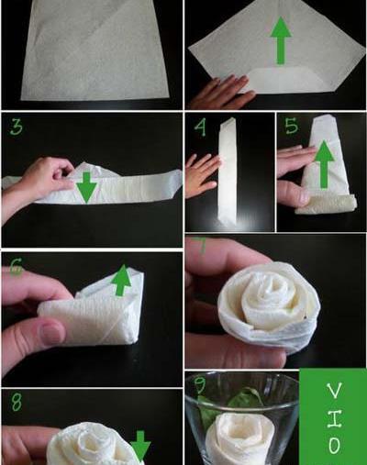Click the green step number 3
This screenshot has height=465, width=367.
[16, 127]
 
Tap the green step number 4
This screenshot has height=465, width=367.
[200, 127]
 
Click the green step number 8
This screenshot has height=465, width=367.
[17, 402]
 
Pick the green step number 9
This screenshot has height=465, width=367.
[200, 384]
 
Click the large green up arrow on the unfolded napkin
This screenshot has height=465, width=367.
[281, 40]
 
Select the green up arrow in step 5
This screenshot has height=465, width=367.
[324, 164]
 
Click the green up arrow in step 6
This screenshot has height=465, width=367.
[122, 280]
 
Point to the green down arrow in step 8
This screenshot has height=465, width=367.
[140, 447]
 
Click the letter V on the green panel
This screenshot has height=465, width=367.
[334, 391]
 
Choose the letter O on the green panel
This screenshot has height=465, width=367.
[334, 446]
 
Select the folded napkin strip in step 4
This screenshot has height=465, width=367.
[228, 172]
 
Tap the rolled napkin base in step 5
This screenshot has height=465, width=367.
[326, 205]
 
